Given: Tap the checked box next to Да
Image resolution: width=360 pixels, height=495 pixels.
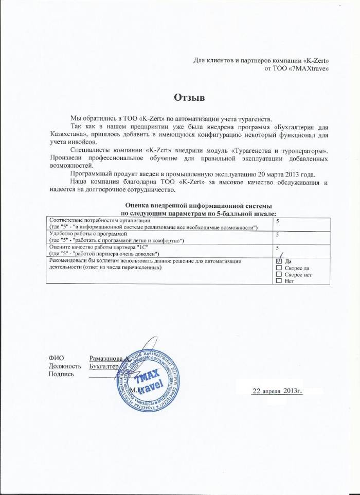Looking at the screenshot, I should [x=279, y=261].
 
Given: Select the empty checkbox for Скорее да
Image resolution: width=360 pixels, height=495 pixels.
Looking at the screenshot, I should [x=279, y=268].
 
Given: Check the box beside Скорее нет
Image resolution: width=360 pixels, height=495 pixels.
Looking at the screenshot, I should [x=279, y=275].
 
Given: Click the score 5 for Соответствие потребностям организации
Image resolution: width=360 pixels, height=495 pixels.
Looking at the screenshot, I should [x=278, y=221].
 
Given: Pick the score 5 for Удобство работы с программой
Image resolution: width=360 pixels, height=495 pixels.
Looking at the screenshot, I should [x=278, y=235].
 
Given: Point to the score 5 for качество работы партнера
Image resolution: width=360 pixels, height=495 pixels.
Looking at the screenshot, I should [x=278, y=248].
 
